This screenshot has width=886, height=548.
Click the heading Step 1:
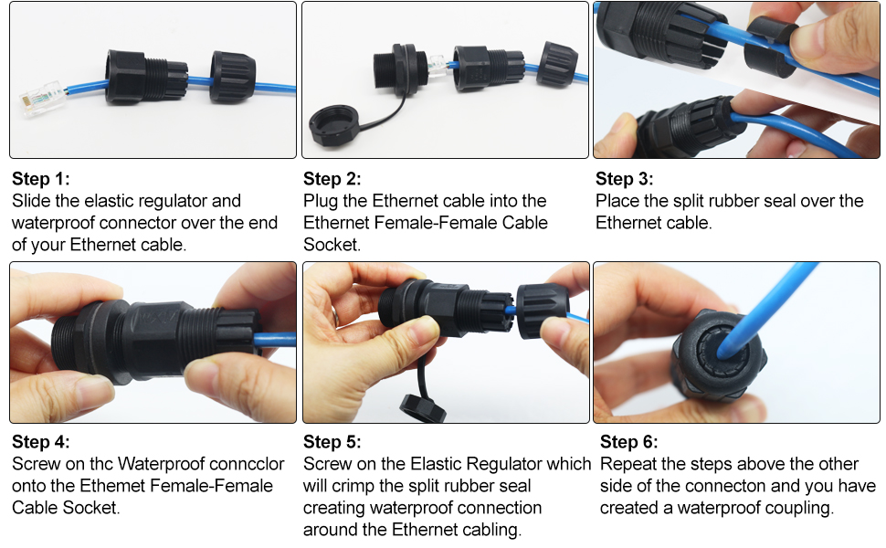(x=40, y=178)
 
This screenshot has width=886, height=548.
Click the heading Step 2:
(x=332, y=178)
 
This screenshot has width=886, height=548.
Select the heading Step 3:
(x=625, y=178)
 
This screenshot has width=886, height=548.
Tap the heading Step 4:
(x=40, y=442)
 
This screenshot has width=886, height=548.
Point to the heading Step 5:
(x=332, y=442)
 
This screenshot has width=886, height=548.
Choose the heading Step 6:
(x=628, y=442)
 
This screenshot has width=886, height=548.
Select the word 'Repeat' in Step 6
(x=628, y=464)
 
